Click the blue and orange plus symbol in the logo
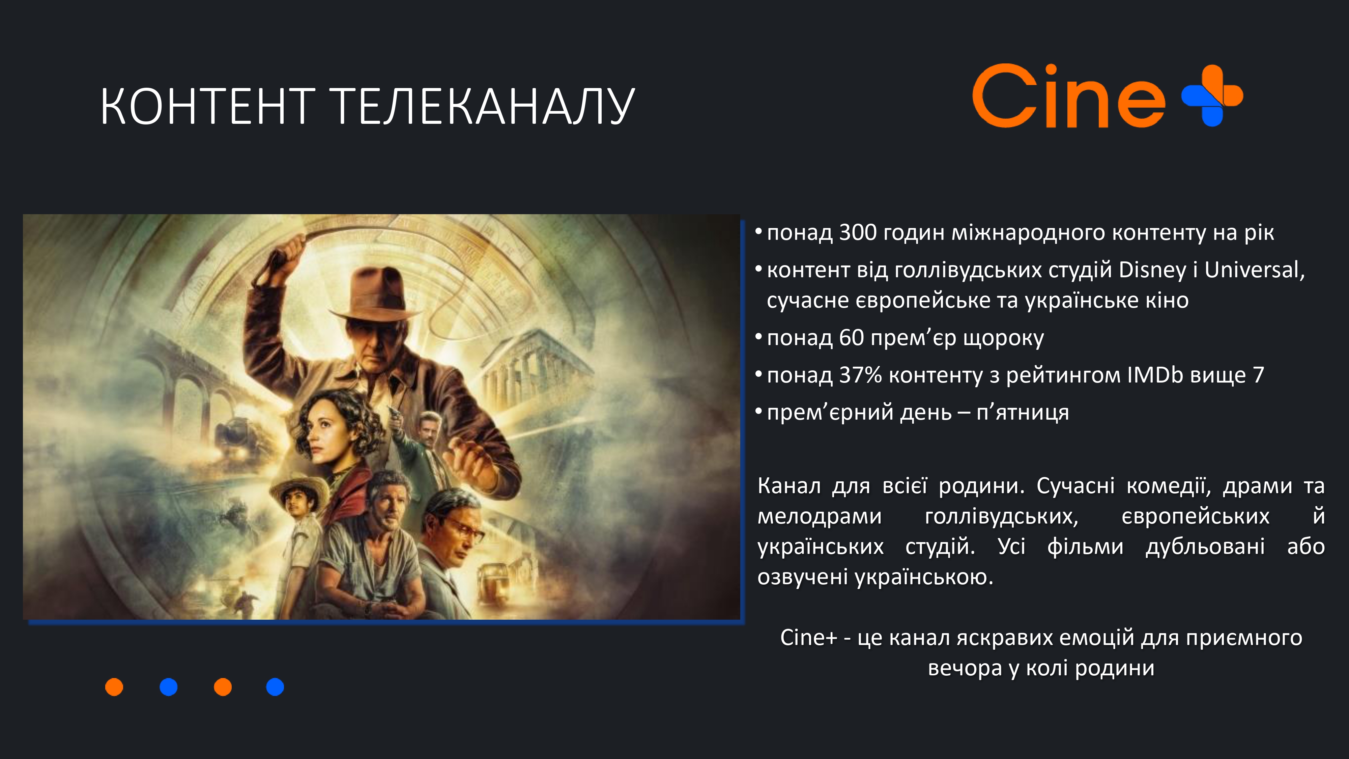tap(1212, 95)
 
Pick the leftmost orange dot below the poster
tap(114, 687)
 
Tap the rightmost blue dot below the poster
tap(275, 687)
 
